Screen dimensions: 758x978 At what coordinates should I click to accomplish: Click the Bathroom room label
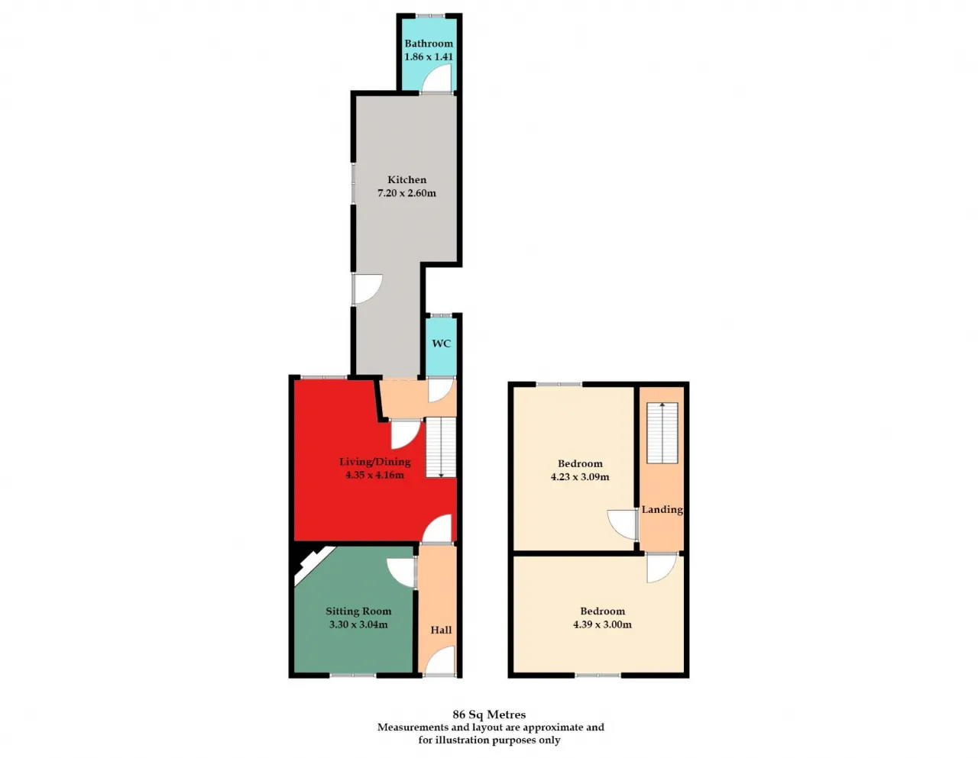coord(428,44)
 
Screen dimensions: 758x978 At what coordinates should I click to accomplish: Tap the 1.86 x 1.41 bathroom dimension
coord(428,56)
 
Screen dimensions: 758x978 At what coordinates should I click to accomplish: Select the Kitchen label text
coord(406,179)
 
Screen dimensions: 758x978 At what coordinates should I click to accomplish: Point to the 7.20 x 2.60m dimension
coord(406,193)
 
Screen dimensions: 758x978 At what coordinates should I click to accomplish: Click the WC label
coord(441,344)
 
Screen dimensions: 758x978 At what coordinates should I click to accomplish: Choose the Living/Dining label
coord(374,462)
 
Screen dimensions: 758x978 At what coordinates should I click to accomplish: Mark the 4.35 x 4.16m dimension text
coord(374,475)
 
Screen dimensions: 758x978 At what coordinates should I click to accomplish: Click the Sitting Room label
coord(358,611)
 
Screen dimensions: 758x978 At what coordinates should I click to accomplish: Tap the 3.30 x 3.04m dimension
coord(358,624)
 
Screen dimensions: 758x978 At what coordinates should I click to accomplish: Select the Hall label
coord(441,630)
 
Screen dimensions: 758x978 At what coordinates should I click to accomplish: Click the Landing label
coord(662,509)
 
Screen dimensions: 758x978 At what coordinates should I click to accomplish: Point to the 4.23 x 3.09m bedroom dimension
coord(580,477)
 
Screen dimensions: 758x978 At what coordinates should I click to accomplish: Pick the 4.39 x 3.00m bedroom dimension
coord(602,624)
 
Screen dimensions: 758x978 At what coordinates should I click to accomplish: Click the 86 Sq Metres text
coord(489,714)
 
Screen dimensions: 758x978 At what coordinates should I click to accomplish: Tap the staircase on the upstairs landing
coord(662,432)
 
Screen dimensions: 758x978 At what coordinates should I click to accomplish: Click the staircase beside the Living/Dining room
coord(440,448)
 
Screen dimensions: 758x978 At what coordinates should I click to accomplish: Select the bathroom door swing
coord(439,79)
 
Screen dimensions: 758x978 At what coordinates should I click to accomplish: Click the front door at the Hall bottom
coord(440,661)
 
